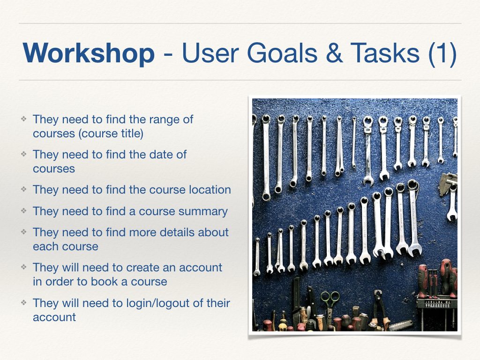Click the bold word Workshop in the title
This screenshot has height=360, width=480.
pos(89,52)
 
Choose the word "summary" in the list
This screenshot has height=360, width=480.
pos(205,211)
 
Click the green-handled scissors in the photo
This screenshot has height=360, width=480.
pos(330,302)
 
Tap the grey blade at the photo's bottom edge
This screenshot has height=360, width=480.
pos(401,325)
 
